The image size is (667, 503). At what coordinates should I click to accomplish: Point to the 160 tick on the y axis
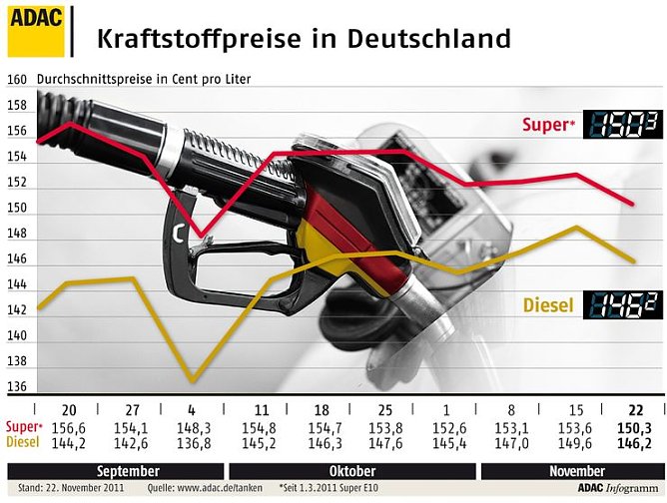(16, 79)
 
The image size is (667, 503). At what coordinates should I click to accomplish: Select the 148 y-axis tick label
(16, 235)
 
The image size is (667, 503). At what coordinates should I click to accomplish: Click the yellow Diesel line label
(548, 305)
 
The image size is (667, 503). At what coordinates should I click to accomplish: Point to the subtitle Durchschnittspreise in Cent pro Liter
(144, 79)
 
